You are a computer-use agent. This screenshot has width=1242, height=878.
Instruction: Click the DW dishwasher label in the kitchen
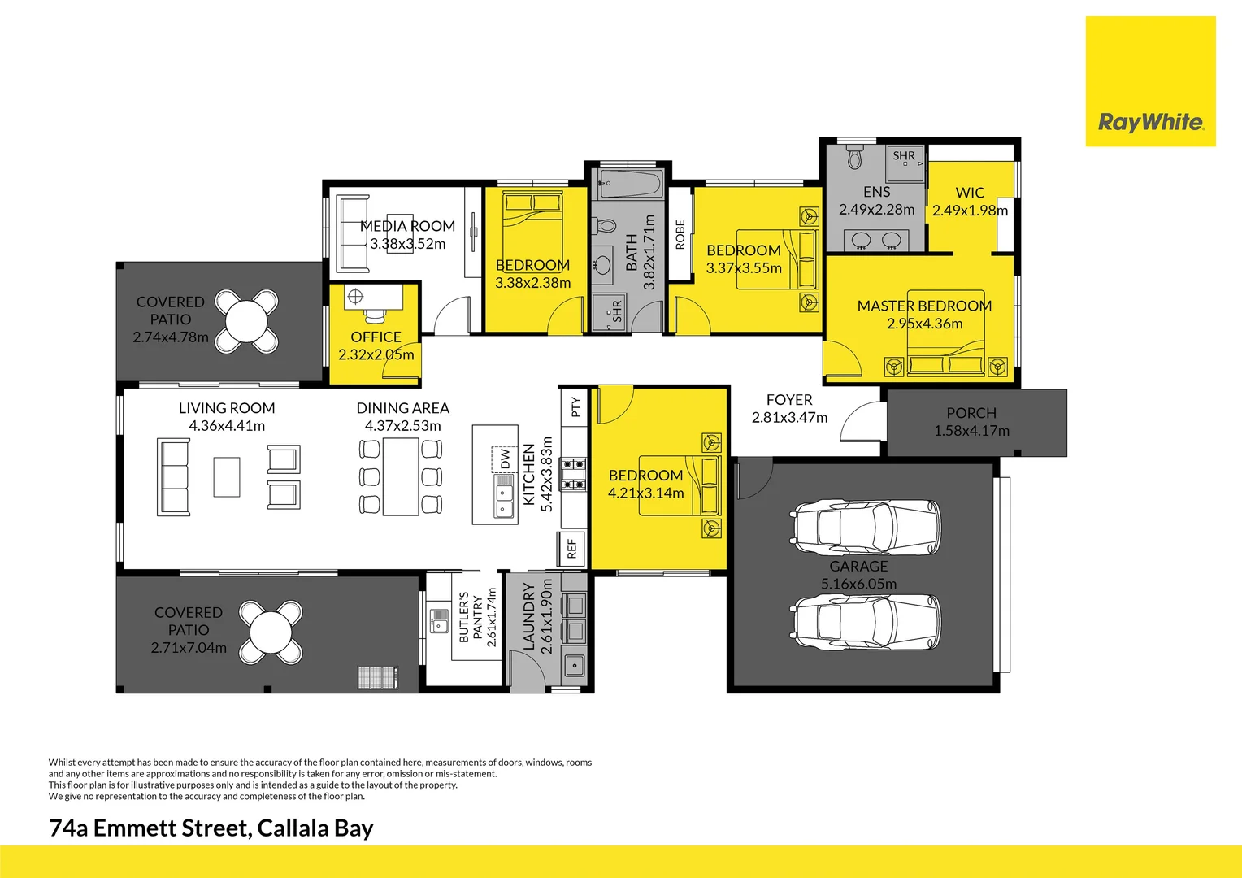[505, 459]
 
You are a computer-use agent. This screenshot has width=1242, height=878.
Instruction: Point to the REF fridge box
[571, 549]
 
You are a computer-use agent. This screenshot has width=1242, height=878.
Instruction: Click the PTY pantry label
[575, 406]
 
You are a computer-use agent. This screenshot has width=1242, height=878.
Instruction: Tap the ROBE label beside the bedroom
[680, 234]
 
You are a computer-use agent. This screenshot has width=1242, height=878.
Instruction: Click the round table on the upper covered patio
[247, 321]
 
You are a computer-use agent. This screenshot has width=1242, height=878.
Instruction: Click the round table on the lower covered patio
[271, 632]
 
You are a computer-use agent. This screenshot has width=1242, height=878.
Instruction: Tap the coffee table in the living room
[227, 477]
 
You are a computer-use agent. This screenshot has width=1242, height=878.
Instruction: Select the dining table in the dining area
[401, 477]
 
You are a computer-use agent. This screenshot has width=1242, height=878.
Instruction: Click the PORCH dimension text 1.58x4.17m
[971, 431]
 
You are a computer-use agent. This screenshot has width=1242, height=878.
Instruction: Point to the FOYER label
[789, 400]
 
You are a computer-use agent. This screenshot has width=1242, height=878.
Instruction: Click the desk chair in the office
[375, 315]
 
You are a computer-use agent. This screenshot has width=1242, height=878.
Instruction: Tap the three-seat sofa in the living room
[174, 477]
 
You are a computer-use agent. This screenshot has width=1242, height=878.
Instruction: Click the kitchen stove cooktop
[574, 474]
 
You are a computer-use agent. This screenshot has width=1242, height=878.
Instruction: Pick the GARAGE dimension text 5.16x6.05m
[858, 584]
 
